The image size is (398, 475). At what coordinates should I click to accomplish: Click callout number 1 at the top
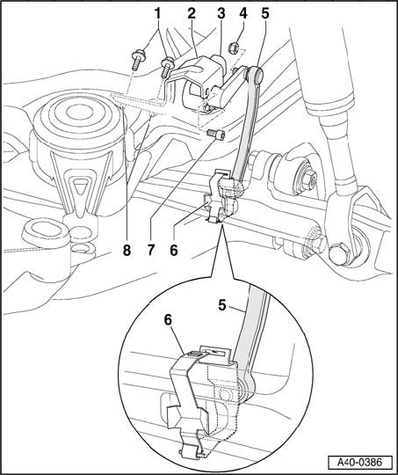157,13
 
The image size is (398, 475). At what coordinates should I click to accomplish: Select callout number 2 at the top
192,13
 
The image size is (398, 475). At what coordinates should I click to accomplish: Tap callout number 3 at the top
221,13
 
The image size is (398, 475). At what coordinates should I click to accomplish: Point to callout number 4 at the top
243,13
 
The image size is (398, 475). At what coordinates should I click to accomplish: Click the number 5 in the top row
265,13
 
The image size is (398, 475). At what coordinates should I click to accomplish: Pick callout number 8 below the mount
127,250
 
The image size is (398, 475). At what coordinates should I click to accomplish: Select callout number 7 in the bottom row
151,250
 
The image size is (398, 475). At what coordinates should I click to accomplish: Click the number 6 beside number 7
174,250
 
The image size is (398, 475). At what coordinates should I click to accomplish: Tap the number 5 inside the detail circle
222,305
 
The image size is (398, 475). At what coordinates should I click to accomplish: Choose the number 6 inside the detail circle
169,320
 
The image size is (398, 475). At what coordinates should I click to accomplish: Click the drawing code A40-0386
360,463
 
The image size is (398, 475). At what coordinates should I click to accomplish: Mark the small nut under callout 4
234,47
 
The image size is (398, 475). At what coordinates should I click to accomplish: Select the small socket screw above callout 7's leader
216,135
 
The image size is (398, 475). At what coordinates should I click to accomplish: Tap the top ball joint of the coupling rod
255,74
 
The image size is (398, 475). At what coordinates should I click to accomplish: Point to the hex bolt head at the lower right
338,254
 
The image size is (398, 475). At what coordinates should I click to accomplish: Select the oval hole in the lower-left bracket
44,228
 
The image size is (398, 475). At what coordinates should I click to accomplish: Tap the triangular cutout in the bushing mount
80,186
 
